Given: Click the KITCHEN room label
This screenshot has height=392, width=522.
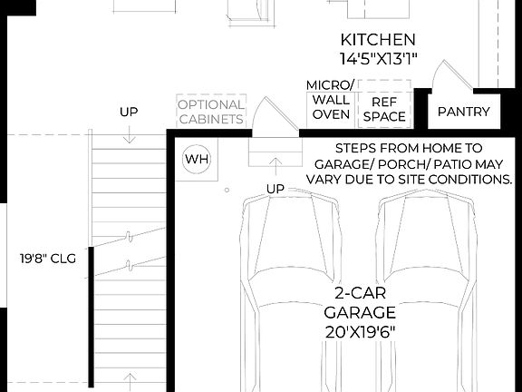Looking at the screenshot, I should tap(378, 40).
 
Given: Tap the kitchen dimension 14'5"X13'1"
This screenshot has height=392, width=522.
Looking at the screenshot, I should tap(378, 59).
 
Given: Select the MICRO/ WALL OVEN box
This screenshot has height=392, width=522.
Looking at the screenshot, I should tap(331, 100).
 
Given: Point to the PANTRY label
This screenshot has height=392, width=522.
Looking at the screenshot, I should tap(463, 113).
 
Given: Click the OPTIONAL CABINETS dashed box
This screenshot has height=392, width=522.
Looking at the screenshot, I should tap(210, 112).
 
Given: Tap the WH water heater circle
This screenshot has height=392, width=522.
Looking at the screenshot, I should tap(197, 160).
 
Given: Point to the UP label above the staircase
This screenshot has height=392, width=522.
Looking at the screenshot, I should tap(129, 113).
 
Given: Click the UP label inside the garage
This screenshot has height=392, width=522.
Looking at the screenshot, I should tap(275, 189).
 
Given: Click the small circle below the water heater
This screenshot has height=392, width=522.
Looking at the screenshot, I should tap(227, 191).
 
